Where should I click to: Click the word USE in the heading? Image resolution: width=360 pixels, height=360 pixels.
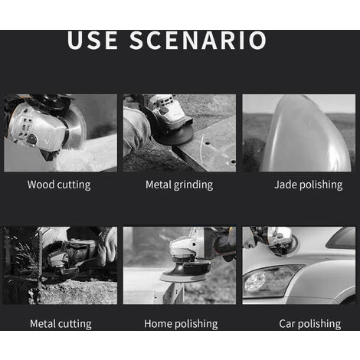click(93, 40)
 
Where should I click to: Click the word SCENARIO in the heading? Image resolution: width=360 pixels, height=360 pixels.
click(198, 40)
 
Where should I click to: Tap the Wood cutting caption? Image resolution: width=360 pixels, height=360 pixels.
click(59, 185)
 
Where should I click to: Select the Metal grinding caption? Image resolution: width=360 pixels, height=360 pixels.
click(179, 185)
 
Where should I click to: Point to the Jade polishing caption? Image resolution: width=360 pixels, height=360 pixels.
click(309, 185)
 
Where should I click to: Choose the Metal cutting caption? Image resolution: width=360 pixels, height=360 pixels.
click(61, 324)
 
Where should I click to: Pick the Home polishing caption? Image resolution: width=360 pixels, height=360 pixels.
click(181, 324)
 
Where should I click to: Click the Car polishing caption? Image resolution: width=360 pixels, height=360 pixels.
click(310, 324)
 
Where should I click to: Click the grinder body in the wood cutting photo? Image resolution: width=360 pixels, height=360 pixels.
click(36, 128)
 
